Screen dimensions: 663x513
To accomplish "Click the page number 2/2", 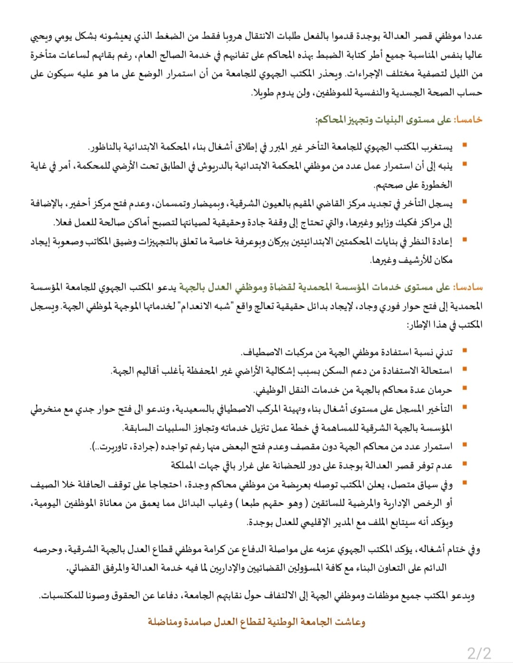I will pos(479,652).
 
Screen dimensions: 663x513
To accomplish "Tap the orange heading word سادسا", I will pos(469,287).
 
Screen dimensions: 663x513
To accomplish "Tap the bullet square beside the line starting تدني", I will pos(465,350).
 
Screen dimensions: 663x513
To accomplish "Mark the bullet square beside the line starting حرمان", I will pos(465,388).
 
